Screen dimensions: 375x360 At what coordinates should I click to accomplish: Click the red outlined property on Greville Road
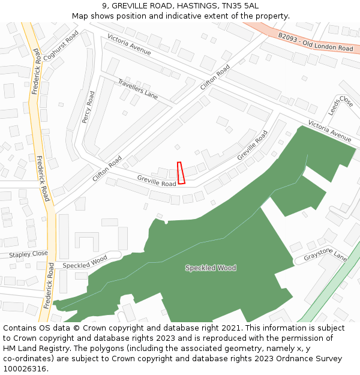click(181, 172)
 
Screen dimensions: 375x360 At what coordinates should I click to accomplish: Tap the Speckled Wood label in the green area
click(211, 268)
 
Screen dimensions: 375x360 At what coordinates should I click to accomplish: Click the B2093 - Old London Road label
click(316, 42)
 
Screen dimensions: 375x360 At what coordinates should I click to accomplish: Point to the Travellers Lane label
click(137, 89)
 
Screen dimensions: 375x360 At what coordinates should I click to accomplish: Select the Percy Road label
click(88, 107)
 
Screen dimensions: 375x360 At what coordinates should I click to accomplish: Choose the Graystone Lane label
click(325, 256)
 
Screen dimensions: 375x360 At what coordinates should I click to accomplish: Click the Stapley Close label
click(28, 254)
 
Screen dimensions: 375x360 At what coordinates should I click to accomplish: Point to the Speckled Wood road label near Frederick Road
click(85, 262)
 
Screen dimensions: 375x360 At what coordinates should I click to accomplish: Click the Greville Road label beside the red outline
click(157, 181)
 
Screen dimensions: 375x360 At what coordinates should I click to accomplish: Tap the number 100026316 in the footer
click(26, 368)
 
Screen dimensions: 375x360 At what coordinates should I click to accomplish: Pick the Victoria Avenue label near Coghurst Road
click(129, 44)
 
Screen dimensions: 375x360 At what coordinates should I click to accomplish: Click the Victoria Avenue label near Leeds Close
click(329, 131)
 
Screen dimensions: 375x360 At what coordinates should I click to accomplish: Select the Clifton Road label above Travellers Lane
click(215, 77)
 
